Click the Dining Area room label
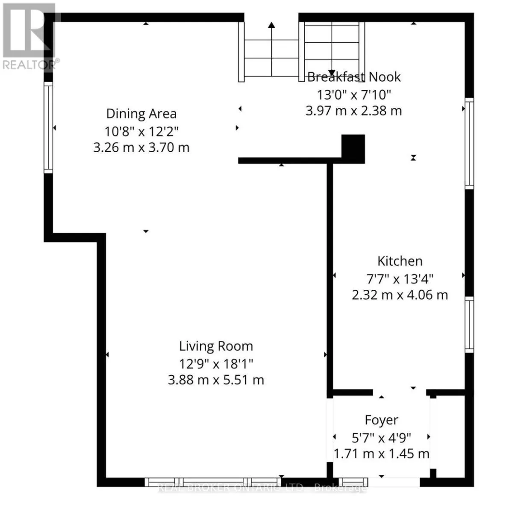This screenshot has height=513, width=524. pos(141,114)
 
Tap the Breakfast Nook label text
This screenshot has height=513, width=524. pos(354,77)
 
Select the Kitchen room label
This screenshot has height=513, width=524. pos(400,261)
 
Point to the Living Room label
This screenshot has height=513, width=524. pos(216,346)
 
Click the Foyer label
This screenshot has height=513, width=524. pos(382,420)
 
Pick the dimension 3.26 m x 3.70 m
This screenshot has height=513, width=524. pos(141,147)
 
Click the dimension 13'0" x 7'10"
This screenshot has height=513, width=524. pos(354,94)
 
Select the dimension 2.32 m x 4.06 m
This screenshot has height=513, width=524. pos(400,295)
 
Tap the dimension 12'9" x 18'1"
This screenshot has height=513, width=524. pos(216,364)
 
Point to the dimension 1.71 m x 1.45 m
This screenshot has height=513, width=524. pos(382,454)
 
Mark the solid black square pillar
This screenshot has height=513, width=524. pos(353,149)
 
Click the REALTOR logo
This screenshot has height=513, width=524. pos(29,37)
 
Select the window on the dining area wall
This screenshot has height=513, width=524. pos(48,127)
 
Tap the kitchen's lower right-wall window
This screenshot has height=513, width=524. pos(469,325)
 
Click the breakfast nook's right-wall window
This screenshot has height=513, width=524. pos(469,144)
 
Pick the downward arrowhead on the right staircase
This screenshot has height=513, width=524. pos(332,73)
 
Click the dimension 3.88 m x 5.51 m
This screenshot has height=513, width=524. pos(216,380)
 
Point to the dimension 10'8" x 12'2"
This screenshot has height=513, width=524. pos(141,132)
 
